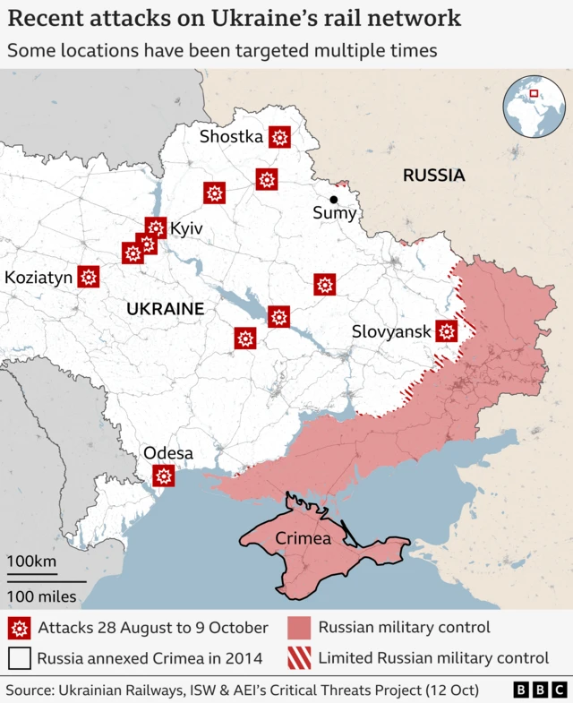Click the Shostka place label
point(231,137)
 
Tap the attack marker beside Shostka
point(279,137)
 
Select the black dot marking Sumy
point(334,200)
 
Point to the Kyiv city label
point(186,229)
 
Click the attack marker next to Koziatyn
point(88,278)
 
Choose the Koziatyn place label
point(38,278)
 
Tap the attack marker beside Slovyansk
point(447,331)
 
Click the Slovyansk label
point(391,331)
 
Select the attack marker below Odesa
point(163,476)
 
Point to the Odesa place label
point(168,453)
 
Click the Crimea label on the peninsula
point(304,539)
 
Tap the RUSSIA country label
point(433,176)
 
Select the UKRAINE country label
point(165,309)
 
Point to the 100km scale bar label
point(32,562)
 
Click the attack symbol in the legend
point(20,628)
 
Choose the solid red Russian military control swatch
point(300,628)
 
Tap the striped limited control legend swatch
point(300,658)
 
